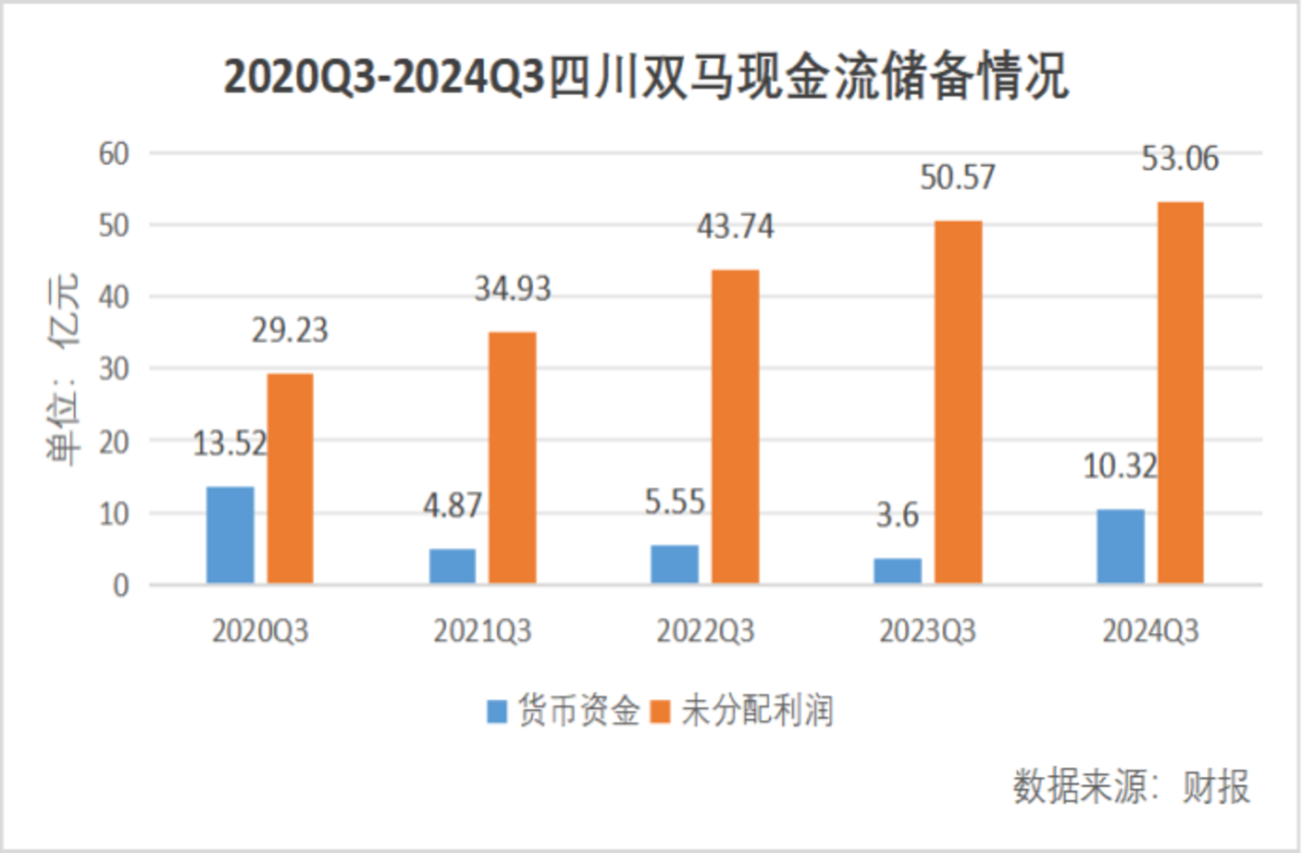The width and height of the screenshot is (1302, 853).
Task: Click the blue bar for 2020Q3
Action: (x=230, y=535)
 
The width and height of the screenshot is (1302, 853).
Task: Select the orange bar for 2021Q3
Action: (x=512, y=458)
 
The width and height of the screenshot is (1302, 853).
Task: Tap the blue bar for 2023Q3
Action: (x=898, y=571)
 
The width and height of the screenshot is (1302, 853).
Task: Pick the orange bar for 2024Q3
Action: (x=1181, y=393)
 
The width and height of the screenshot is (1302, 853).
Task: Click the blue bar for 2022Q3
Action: (x=675, y=564)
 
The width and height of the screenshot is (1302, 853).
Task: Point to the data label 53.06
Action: (x=1180, y=159)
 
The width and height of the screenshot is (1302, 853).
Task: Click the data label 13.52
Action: (x=230, y=444)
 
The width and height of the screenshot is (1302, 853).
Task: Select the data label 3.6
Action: (x=898, y=515)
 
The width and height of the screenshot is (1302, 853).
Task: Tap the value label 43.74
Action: (x=735, y=226)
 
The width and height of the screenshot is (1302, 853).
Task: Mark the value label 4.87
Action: (x=452, y=505)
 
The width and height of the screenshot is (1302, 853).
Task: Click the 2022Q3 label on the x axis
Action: (x=705, y=631)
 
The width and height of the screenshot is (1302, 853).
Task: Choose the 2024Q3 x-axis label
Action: (x=1150, y=631)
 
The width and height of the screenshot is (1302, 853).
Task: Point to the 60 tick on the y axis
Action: (x=114, y=154)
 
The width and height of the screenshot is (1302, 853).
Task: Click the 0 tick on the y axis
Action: (x=120, y=586)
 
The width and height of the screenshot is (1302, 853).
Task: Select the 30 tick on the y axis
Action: (x=114, y=369)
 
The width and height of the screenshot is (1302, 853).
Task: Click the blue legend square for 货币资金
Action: (x=497, y=712)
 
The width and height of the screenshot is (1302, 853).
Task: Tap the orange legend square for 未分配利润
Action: (x=661, y=712)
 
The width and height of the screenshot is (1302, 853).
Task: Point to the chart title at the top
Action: (x=646, y=76)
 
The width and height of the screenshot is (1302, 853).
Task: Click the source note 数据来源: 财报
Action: (x=1131, y=786)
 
